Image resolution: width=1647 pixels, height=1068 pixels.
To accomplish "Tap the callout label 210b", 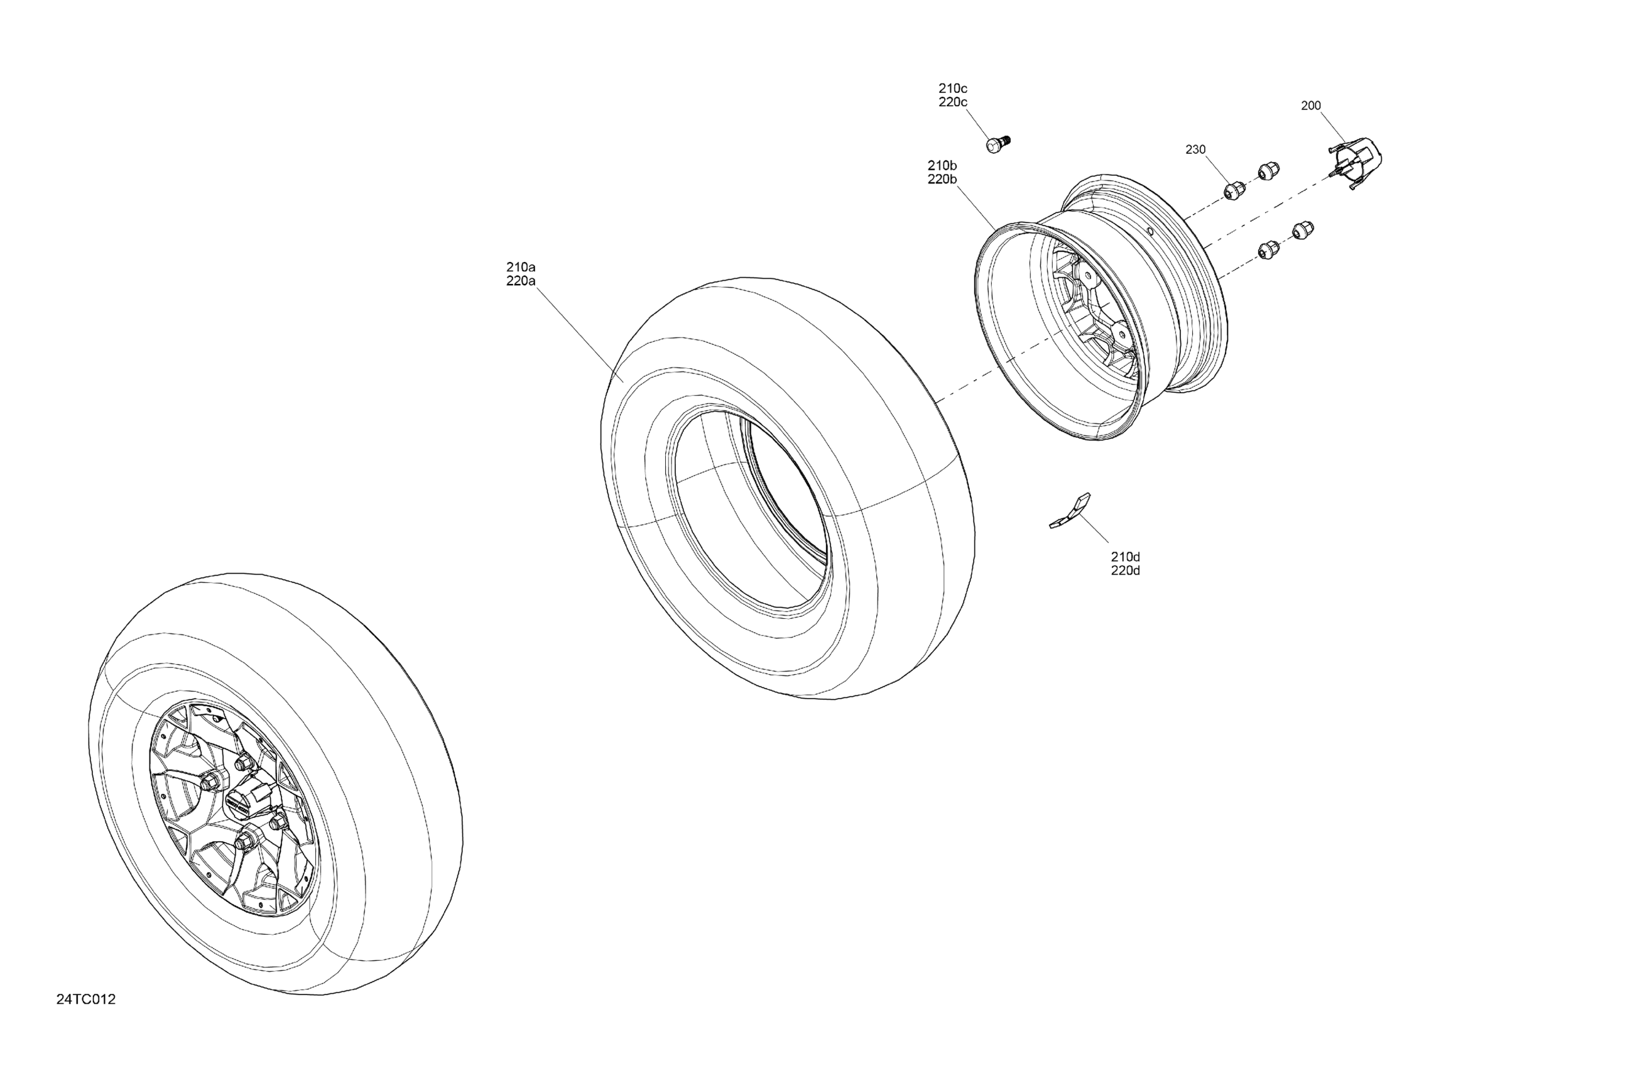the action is point(942,165).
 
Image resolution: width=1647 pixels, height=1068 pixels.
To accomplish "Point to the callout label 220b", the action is point(942,179).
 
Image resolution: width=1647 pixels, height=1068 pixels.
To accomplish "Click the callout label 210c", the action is point(953,89).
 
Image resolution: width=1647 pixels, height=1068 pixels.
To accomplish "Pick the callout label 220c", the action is point(953,102).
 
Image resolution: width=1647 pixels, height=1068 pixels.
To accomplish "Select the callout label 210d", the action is point(1126,557).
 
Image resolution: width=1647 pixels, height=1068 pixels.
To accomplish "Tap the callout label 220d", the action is point(1126,571).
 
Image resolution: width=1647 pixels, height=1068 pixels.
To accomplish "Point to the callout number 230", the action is point(1195,150).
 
